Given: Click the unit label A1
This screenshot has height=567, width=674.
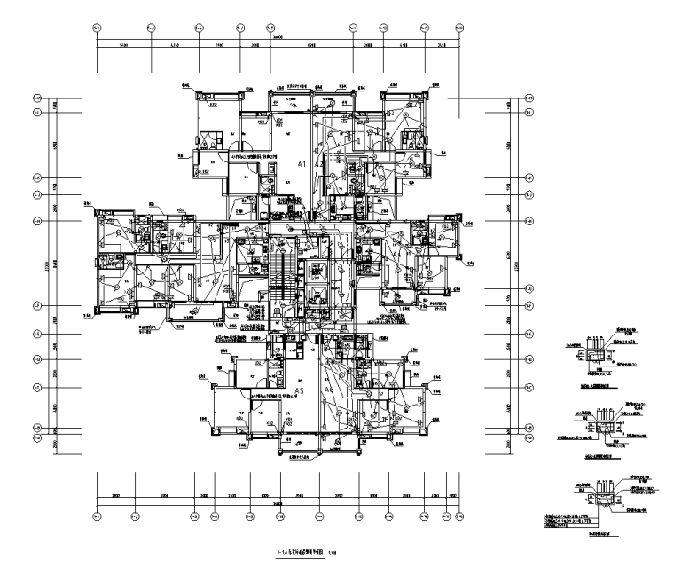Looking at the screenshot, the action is pyautogui.click(x=302, y=165).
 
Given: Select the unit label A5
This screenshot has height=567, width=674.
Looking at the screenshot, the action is pyautogui.click(x=300, y=390).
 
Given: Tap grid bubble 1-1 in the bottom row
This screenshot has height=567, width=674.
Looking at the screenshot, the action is pyautogui.click(x=97, y=514).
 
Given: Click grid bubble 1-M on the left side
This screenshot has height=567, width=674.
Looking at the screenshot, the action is pyautogui.click(x=37, y=98).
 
